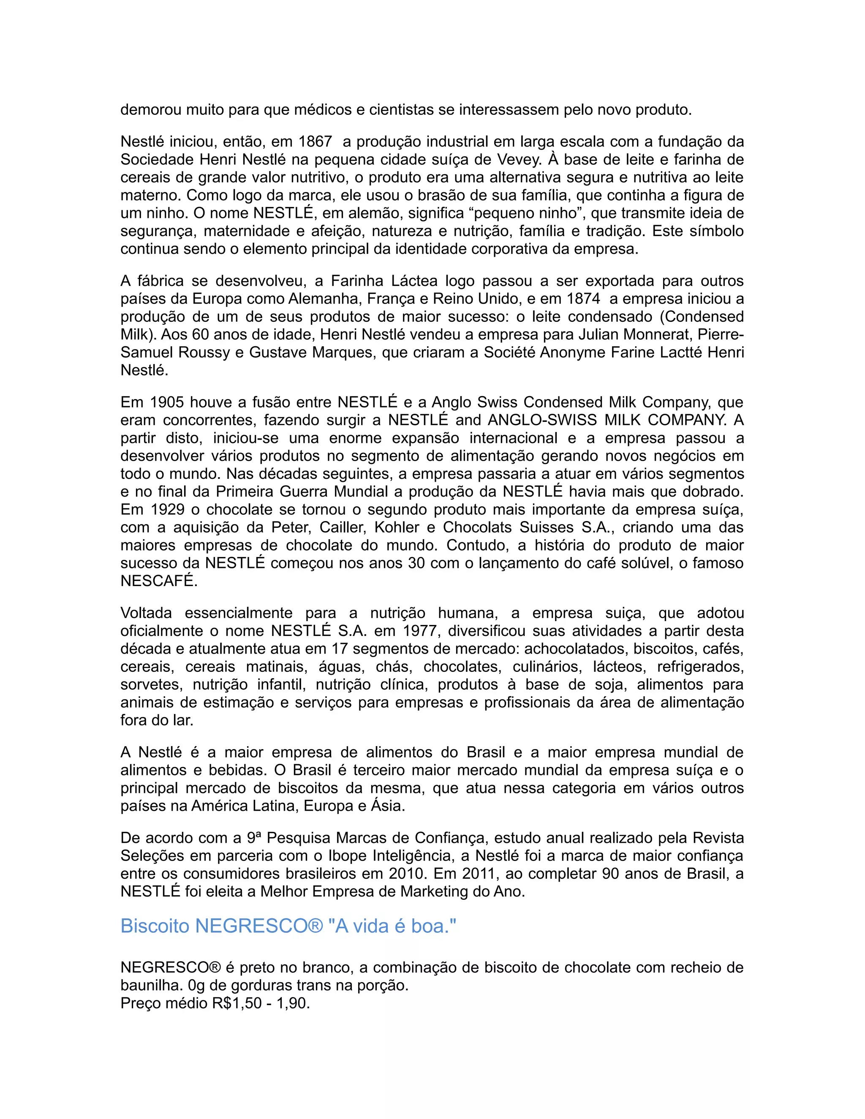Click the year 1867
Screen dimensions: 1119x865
[x=315, y=142]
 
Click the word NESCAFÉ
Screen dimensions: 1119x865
[x=159, y=582]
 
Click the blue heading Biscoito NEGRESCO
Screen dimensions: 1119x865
[x=288, y=926]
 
